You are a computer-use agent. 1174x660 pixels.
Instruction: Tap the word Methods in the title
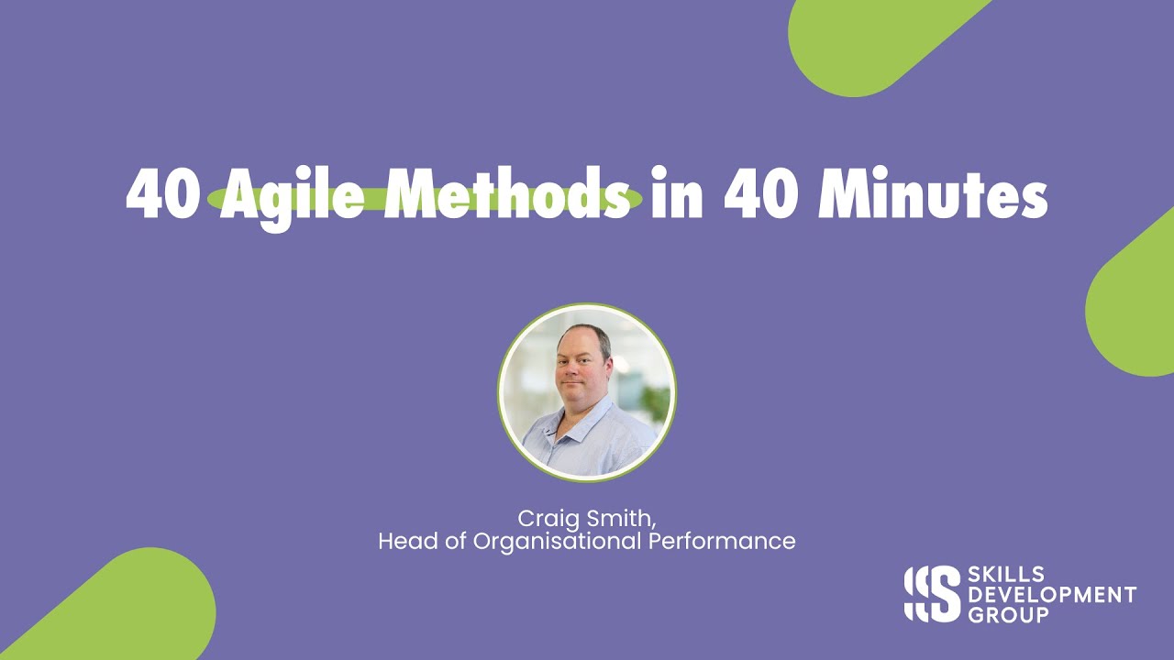click(x=508, y=194)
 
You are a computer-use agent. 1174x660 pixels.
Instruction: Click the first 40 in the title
click(x=161, y=194)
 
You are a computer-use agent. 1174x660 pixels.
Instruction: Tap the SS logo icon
click(x=931, y=593)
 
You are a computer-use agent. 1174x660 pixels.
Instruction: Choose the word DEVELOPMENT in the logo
click(x=1052, y=595)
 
